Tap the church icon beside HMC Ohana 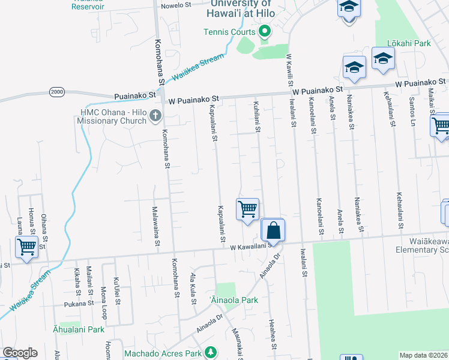155,115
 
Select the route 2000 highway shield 57,92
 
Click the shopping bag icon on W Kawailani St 273,230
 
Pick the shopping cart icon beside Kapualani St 247,209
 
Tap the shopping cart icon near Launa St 26,247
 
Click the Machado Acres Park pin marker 210,352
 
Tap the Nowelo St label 174,4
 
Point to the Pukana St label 79,304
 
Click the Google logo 20,353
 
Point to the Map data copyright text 424,355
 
